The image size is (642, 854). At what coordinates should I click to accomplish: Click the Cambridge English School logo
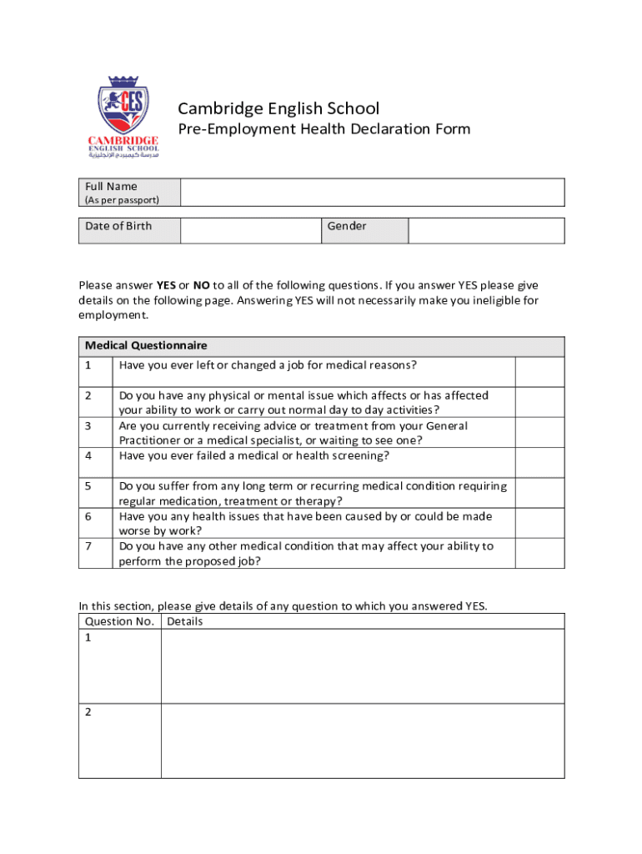click(123, 117)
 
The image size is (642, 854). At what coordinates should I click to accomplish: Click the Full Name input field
click(372, 193)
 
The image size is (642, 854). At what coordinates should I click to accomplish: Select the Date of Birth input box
click(250, 231)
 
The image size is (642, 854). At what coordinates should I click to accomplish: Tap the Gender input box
click(486, 231)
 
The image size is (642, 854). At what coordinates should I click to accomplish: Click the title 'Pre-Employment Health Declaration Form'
click(324, 129)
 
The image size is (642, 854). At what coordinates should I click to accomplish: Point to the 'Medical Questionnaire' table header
click(146, 345)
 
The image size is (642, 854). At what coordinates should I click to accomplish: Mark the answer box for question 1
click(539, 372)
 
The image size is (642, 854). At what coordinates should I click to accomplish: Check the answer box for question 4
click(539, 462)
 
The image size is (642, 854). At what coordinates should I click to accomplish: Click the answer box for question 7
click(539, 553)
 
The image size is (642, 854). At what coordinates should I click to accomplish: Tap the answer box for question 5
click(539, 493)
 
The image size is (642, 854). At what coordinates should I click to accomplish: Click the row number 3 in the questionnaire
click(88, 426)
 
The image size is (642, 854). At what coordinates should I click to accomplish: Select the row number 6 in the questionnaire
click(88, 517)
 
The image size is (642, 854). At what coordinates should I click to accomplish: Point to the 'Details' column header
click(185, 621)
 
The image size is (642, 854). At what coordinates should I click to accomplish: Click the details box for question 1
click(362, 666)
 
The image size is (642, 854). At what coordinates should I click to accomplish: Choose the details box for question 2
click(362, 741)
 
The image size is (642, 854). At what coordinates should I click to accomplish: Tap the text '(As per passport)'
click(122, 200)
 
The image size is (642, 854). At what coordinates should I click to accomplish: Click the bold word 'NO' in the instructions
click(201, 284)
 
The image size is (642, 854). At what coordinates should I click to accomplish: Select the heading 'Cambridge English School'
click(278, 108)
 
